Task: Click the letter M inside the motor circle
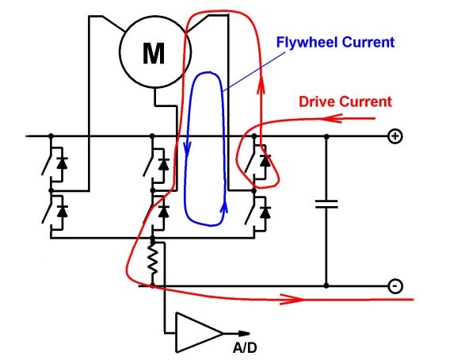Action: [x=154, y=53]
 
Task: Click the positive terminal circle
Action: [x=395, y=136]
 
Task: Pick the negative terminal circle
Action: [x=395, y=286]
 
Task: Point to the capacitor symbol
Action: [x=326, y=204]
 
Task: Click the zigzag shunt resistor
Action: [x=153, y=261]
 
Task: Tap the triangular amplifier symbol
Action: [x=200, y=332]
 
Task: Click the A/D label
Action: [x=245, y=348]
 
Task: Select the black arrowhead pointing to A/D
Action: [x=244, y=333]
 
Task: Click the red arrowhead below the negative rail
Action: [x=292, y=299]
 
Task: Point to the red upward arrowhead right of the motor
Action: [x=261, y=85]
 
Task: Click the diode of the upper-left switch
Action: [x=62, y=163]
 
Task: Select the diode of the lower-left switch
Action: [x=62, y=211]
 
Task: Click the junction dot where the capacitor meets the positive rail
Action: [x=326, y=136]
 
